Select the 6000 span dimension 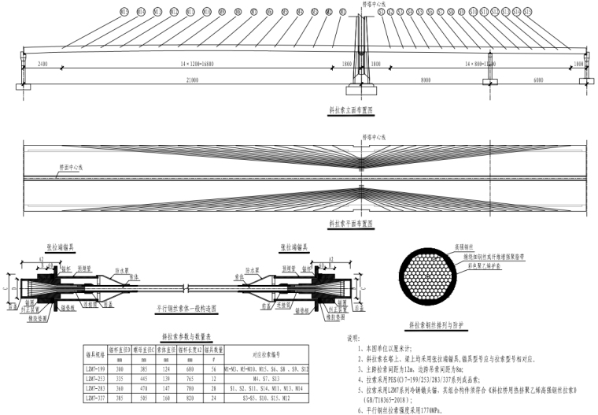pyautogui.click(x=537, y=80)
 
